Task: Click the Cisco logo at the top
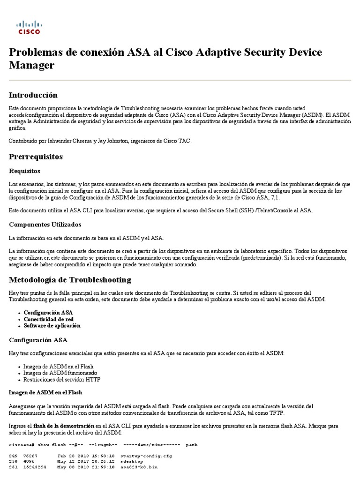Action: coord(29,28)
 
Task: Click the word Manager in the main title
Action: coord(32,65)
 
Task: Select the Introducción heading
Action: coord(33,95)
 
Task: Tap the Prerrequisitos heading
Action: coord(36,156)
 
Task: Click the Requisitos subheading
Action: coord(25,171)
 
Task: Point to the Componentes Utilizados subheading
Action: coord(45,225)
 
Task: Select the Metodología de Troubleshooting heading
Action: coord(70,280)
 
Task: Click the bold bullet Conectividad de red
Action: coord(49,319)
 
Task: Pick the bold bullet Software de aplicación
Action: coord(52,325)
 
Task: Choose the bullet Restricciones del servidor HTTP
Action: coord(62,379)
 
